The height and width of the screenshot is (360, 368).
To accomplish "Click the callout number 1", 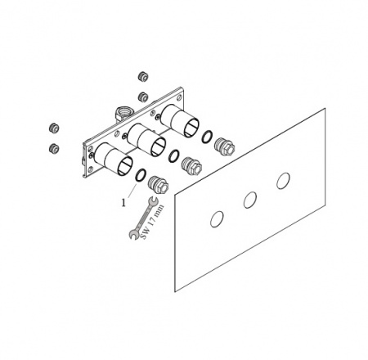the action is (x=123, y=202).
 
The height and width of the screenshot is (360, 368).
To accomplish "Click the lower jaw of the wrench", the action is (x=133, y=235).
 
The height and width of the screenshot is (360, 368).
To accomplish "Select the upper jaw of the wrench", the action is (x=152, y=200).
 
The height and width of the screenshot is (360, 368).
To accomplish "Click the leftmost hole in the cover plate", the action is (x=217, y=219).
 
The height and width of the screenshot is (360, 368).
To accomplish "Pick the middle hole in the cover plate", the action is (x=250, y=200).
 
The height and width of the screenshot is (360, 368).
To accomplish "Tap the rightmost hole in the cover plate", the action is (x=283, y=181).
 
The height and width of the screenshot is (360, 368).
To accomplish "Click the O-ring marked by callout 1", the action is (x=141, y=179).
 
